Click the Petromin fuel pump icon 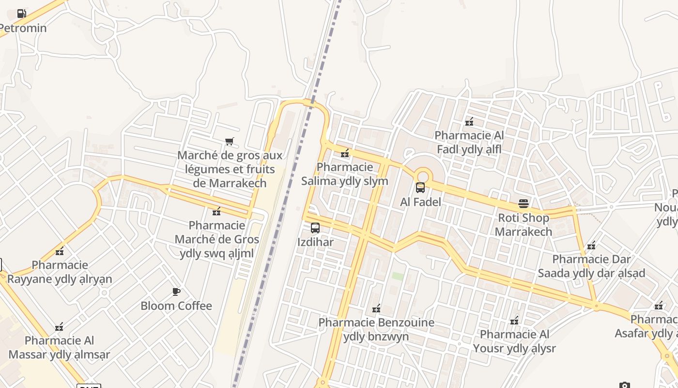point(21,14)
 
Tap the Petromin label point(23,28)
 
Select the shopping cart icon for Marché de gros point(230,142)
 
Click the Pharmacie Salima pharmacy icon point(345,153)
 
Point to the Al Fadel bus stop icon point(420,187)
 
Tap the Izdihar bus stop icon point(315,227)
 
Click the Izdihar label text point(315,242)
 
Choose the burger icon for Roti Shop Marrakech point(524,203)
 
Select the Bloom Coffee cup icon point(176,291)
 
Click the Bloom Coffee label point(176,306)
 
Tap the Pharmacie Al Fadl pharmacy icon point(469,122)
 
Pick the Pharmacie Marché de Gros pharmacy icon point(216,211)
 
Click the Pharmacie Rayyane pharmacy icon point(60,251)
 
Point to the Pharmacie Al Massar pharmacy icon point(59,327)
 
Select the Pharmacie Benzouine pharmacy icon point(376,308)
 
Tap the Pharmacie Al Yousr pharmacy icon point(514,321)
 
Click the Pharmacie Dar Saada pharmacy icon point(591,245)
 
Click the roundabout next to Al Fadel point(423,175)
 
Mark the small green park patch point(398,276)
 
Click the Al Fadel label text point(420,202)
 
